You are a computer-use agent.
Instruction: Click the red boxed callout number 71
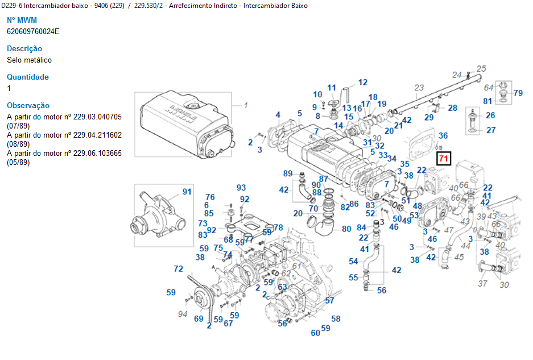(443, 158)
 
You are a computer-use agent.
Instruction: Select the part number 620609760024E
(33, 31)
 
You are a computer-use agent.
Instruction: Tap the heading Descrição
(24, 48)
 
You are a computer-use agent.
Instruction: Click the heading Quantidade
(28, 77)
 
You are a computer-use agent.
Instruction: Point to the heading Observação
(28, 105)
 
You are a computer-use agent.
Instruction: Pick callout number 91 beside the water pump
(187, 192)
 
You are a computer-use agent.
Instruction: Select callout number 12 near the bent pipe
(362, 82)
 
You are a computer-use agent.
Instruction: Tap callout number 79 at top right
(518, 93)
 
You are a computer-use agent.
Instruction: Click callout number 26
(490, 115)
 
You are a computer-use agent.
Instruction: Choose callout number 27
(490, 130)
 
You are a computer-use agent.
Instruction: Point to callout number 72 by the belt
(179, 268)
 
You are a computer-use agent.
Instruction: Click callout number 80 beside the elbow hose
(346, 229)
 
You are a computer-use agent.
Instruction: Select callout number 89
(288, 173)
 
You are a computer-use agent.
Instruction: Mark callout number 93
(241, 188)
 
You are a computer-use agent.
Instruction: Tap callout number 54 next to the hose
(353, 261)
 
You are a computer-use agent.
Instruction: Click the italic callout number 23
(419, 88)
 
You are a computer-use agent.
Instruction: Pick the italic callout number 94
(183, 313)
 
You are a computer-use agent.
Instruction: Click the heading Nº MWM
(22, 20)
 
